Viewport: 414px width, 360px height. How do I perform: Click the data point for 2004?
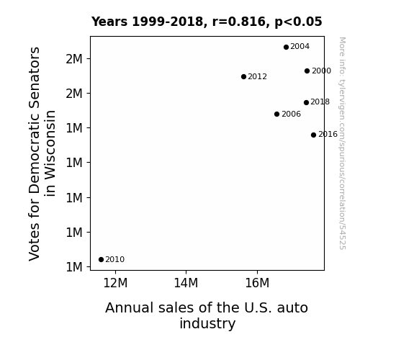[x=286, y=48]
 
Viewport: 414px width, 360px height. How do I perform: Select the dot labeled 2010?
[x=101, y=260]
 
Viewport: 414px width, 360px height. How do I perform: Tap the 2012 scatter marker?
[x=243, y=77]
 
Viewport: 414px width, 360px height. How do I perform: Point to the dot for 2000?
[x=307, y=71]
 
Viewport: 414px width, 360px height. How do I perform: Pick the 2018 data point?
[x=306, y=102]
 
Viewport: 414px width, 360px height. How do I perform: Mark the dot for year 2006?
[x=276, y=114]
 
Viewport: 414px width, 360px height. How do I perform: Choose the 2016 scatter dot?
[x=313, y=135]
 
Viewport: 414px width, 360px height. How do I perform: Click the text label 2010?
[x=115, y=260]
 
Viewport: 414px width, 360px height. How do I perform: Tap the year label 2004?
[x=300, y=47]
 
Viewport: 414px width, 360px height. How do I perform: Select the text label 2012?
[x=258, y=76]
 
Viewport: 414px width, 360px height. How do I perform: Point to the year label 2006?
[x=291, y=114]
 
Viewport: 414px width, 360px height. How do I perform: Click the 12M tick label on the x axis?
[x=115, y=283]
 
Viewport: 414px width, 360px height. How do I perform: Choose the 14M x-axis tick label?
[x=186, y=283]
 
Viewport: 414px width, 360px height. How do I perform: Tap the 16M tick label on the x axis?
[x=257, y=283]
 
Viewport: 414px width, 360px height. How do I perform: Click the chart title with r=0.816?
[x=207, y=22]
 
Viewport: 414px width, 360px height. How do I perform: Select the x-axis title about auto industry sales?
[x=207, y=315]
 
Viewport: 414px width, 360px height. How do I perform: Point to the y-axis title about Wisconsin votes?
[x=42, y=153]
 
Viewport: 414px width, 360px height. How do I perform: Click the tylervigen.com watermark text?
[x=343, y=143]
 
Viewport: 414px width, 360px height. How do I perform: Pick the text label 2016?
[x=328, y=135]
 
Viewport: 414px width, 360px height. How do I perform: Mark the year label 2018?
[x=320, y=102]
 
